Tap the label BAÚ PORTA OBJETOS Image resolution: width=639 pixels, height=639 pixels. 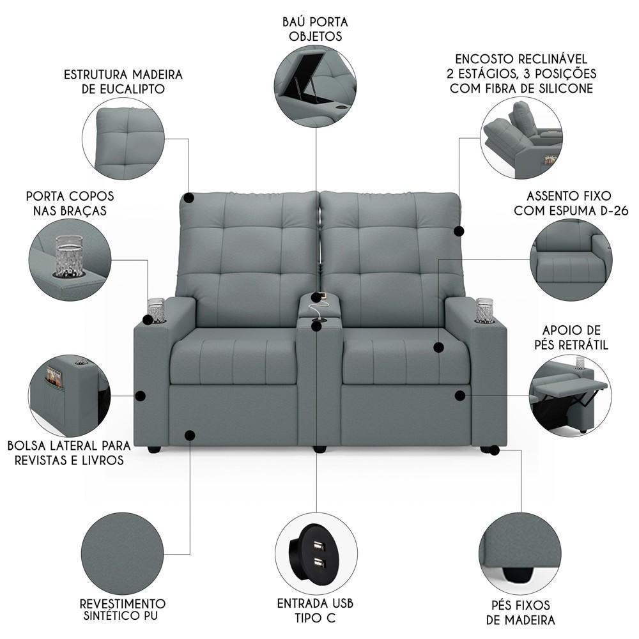click(x=315, y=29)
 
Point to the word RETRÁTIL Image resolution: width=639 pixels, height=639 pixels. click(x=583, y=345)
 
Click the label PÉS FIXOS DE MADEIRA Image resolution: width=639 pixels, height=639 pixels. click(x=520, y=613)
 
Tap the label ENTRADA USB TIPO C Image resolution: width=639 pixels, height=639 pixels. click(x=315, y=610)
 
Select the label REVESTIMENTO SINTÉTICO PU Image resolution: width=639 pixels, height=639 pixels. click(x=122, y=610)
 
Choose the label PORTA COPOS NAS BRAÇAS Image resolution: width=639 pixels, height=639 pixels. click(x=70, y=203)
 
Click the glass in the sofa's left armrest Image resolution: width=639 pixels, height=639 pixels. click(x=156, y=311)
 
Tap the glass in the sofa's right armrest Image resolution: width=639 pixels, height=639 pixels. click(x=484, y=310)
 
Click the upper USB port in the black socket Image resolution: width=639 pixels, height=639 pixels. click(x=318, y=545)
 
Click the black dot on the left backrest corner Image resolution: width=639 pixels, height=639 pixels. click(x=189, y=198)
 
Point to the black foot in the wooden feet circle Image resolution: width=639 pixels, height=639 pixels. click(x=518, y=574)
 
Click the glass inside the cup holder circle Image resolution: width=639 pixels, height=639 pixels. click(x=69, y=255)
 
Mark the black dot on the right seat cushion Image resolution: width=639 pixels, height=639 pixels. click(x=438, y=348)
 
